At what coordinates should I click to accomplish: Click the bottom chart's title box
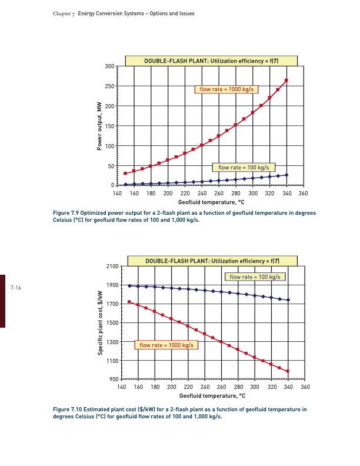[x=212, y=261]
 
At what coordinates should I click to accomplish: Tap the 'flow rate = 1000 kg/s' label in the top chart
[x=226, y=89]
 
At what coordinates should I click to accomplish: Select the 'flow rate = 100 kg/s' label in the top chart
[x=244, y=168]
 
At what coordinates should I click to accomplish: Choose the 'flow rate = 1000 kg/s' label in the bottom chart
[x=168, y=345]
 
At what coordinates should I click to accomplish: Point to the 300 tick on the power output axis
[x=109, y=66]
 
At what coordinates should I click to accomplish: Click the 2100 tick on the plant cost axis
[x=111, y=267]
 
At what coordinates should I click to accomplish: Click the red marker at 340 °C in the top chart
[x=286, y=81]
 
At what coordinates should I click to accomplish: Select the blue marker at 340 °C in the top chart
[x=286, y=175]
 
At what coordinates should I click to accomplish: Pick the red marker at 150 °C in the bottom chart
[x=129, y=302]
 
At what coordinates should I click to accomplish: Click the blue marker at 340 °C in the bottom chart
[x=288, y=300]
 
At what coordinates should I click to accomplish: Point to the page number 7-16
[x=16, y=287]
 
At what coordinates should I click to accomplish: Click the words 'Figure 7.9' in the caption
[x=65, y=214]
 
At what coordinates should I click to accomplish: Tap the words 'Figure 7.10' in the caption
[x=66, y=408]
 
